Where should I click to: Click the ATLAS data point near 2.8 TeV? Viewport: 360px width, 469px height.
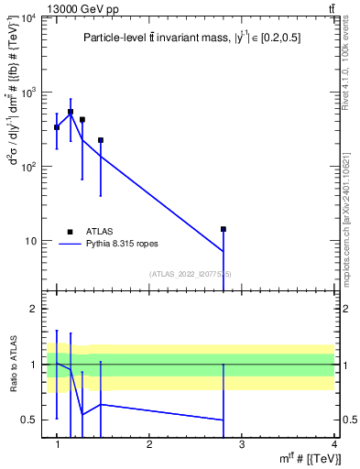[x=223, y=229]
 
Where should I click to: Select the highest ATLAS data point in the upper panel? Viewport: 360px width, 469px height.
[x=71, y=112]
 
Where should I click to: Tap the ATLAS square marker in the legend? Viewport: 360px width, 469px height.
[x=70, y=232]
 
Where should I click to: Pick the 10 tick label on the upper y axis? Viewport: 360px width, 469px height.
[x=33, y=241]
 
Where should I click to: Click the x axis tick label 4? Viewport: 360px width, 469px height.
[x=334, y=444]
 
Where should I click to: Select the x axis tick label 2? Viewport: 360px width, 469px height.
[x=149, y=444]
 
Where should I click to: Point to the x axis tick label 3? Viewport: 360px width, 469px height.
[x=242, y=444]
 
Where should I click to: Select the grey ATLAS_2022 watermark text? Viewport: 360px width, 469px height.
[x=191, y=274]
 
